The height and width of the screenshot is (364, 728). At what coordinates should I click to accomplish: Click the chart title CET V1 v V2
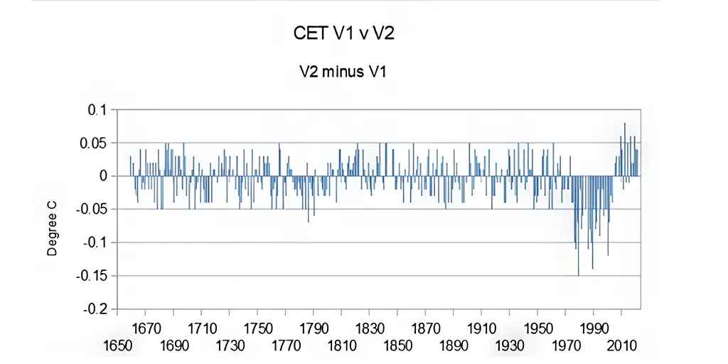point(344,33)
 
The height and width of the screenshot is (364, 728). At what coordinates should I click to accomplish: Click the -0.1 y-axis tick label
point(95,243)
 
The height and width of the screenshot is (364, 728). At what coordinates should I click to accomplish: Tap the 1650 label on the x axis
point(118,346)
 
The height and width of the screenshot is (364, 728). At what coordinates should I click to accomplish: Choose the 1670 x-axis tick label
point(146,329)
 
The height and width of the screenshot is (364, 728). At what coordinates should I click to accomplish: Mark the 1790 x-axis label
point(314,329)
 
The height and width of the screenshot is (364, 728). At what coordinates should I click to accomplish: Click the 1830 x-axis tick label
point(370,329)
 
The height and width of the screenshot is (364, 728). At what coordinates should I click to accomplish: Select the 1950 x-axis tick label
point(538,329)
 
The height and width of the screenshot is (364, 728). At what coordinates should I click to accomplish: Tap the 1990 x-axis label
point(594,329)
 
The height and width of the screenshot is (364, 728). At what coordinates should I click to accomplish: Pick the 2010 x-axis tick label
point(622,346)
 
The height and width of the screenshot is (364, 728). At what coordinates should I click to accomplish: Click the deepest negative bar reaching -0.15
point(579,226)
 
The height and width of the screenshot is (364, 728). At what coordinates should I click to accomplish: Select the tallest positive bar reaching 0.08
point(625,149)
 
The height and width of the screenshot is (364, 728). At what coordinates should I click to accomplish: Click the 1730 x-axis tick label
point(230,346)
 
